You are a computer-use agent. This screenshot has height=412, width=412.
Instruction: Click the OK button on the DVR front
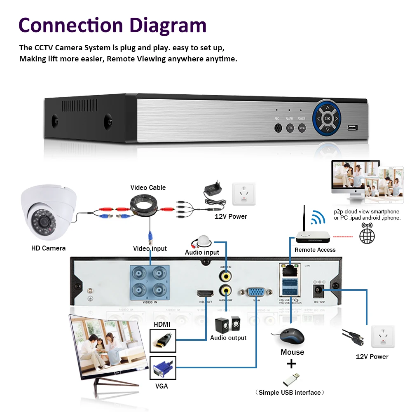coord(327,119)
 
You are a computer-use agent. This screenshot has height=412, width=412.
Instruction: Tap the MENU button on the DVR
coord(302,128)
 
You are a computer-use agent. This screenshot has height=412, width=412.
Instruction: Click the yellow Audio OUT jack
coord(225,290)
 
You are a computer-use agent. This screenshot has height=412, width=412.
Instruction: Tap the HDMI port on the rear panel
coord(205,293)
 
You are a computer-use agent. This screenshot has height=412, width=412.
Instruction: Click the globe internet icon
coord(367,235)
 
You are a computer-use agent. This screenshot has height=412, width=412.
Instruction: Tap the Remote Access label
coord(315,250)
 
